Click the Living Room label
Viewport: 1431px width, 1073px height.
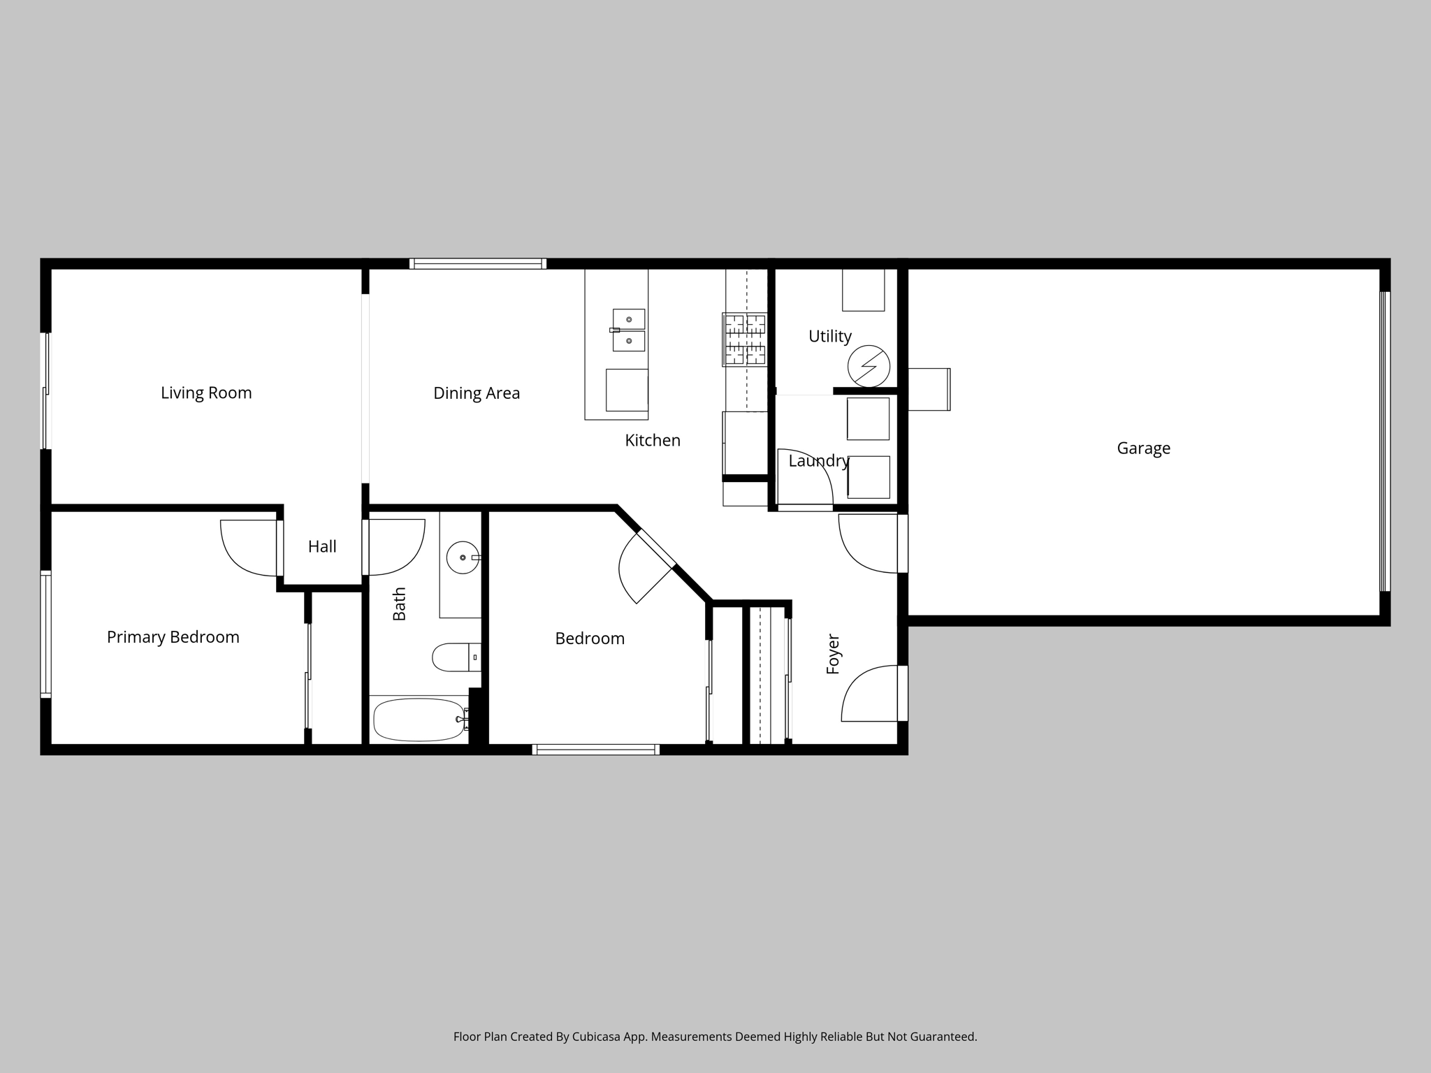[x=206, y=393]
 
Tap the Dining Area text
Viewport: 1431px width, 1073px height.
[x=477, y=393]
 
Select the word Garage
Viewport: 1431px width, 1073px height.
[x=1143, y=448]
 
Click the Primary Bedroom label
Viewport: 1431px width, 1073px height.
[x=173, y=637]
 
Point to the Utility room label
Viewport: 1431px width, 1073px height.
[x=829, y=336]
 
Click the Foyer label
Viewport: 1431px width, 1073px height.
[x=833, y=654]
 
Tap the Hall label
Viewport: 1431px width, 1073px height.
[x=322, y=546]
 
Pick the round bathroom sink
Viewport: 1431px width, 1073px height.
[x=463, y=557]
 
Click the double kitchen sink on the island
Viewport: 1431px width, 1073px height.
[x=628, y=330]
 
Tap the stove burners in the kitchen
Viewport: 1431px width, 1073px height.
[x=744, y=339]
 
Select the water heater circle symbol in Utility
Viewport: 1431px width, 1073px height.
[x=869, y=366]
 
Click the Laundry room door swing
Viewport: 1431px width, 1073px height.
[x=804, y=479]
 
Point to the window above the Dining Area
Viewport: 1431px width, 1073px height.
[x=478, y=264]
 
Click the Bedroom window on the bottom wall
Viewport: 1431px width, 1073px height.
[x=595, y=750]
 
